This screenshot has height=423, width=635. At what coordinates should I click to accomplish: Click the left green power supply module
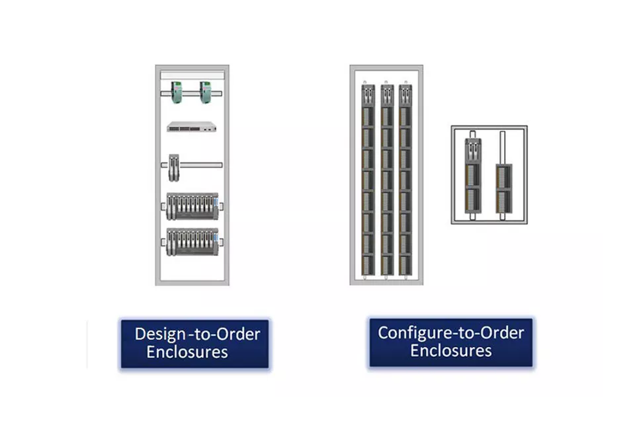point(177,93)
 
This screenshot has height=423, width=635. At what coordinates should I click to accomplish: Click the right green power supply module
point(206,93)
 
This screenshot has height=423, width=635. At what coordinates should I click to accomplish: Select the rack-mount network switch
point(192,128)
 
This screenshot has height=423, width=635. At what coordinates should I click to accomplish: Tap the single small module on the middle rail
point(174,167)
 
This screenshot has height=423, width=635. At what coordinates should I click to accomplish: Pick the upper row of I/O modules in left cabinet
point(192,206)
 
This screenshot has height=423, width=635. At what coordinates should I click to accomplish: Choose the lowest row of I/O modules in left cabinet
point(192,242)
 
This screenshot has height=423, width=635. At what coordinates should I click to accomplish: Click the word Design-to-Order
point(197,333)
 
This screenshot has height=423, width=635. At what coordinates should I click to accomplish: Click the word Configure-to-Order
point(450,331)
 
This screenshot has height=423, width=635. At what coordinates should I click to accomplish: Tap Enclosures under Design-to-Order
point(187,352)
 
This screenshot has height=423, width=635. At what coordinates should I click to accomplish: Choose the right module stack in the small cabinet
point(504,188)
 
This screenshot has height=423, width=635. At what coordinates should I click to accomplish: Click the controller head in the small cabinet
point(474,151)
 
